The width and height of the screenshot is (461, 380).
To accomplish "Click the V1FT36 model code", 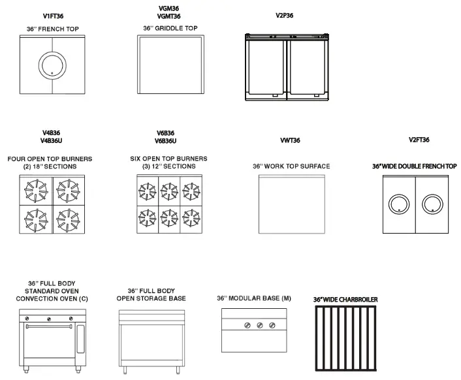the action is pos(53,15).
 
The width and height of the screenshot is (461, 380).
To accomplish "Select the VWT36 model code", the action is pos(290,140).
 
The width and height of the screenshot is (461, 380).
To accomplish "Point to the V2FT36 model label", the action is pos(419,140).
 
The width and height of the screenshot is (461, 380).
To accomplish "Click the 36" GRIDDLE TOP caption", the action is pos(170,28).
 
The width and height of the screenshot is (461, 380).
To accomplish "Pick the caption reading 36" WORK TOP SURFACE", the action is pos(291,166).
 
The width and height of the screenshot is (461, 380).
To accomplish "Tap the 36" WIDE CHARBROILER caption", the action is pos(345,300).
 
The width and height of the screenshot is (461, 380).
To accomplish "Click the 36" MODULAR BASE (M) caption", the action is pos(254,298).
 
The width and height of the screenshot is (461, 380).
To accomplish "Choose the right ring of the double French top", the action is pos(432,205).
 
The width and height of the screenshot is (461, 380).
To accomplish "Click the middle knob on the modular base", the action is pos(260,325).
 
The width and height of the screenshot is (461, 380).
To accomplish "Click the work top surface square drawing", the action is pos(291,204).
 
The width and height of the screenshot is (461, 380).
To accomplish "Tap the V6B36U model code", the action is pos(166,141).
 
